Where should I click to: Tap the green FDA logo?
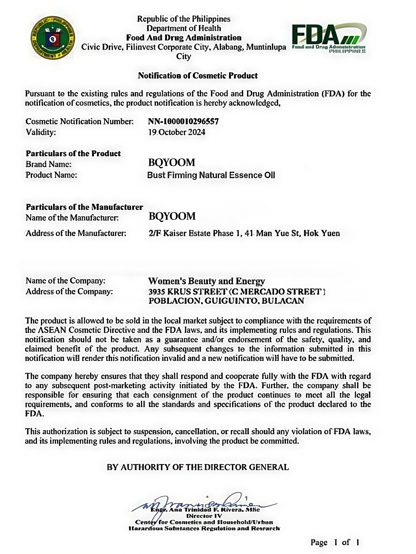click(x=329, y=38)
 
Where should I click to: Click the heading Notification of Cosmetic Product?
click(x=198, y=76)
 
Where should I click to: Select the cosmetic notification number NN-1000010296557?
click(x=183, y=122)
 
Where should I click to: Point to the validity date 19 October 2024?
click(x=177, y=132)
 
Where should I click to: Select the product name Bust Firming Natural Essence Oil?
click(x=211, y=175)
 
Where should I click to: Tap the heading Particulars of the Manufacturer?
click(x=85, y=207)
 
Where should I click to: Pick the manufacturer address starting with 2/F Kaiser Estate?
click(x=244, y=233)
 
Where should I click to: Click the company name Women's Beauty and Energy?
click(x=206, y=281)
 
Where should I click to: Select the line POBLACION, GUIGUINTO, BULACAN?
click(x=226, y=301)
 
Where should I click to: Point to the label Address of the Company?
click(x=69, y=291)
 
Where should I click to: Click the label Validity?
click(x=41, y=132)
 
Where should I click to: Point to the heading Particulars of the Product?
click(x=73, y=153)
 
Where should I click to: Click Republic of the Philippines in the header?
click(x=184, y=19)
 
